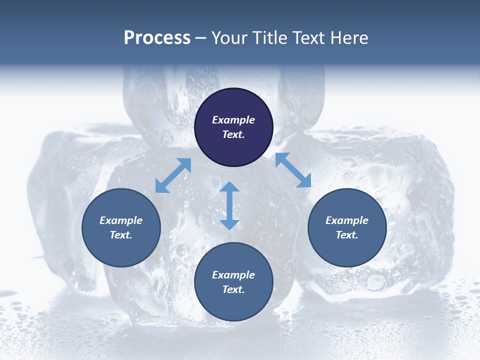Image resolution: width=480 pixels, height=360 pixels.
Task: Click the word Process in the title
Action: pyautogui.click(x=157, y=38)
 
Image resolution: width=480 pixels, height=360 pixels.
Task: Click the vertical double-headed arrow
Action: pyautogui.click(x=229, y=205)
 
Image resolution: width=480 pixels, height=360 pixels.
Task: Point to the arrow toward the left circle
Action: pyautogui.click(x=173, y=175)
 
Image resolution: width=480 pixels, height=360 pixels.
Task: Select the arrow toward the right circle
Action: pyautogui.click(x=293, y=170)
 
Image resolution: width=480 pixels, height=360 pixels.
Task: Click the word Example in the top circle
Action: pyautogui.click(x=233, y=120)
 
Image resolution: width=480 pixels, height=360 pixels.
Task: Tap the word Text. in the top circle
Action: pyautogui.click(x=233, y=134)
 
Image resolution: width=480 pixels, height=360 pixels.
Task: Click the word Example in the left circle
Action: pyautogui.click(x=121, y=220)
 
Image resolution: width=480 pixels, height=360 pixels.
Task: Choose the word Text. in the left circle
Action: pyautogui.click(x=121, y=235)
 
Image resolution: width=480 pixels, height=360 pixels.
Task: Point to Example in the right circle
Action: pyautogui.click(x=347, y=220)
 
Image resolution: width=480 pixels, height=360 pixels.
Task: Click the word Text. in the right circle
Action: pyautogui.click(x=347, y=235)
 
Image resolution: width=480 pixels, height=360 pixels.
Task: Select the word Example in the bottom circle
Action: pyautogui.click(x=233, y=275)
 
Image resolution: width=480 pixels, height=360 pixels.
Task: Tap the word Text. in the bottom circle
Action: pyautogui.click(x=233, y=289)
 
